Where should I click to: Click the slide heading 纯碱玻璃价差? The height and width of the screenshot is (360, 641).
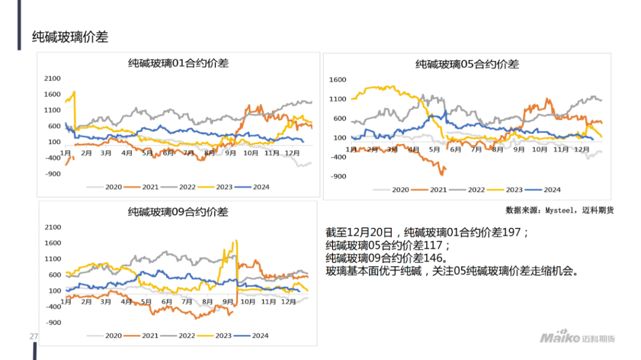tap(70, 37)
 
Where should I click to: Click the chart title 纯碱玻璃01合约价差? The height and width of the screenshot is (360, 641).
tap(178, 63)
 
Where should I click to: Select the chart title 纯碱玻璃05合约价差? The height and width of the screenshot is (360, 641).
tap(467, 64)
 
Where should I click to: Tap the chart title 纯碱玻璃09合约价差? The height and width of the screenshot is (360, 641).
tap(178, 212)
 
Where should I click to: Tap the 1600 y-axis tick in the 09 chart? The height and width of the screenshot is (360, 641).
tap(53, 243)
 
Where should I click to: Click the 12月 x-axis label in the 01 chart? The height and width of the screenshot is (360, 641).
tap(291, 153)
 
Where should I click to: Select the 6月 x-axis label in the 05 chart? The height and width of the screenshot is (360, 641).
tap(456, 149)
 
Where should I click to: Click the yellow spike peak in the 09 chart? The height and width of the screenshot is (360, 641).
tap(236, 241)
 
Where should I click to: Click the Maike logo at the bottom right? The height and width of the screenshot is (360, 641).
tap(576, 337)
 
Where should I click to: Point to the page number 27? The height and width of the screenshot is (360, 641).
tap(34, 337)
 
